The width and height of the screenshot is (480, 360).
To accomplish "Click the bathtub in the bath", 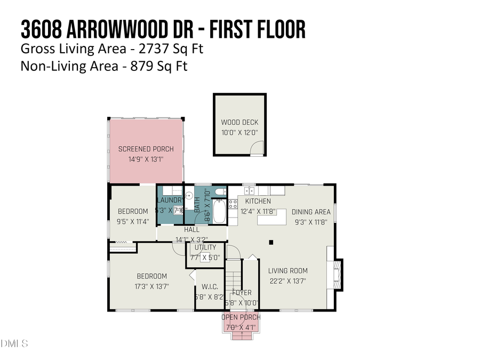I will [218, 211].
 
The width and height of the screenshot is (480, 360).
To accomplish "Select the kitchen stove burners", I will [233, 203].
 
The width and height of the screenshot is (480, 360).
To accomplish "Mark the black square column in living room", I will [271, 243].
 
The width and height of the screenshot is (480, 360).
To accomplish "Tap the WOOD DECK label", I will [239, 122].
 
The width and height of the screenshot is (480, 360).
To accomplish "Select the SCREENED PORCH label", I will [146, 149].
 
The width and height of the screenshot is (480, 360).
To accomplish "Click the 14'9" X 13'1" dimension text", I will [146, 159].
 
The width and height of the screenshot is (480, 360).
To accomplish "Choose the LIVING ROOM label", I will [288, 270].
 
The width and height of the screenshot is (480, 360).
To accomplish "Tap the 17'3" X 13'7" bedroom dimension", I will [151, 286].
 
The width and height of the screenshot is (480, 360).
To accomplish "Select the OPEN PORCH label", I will [241, 317].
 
